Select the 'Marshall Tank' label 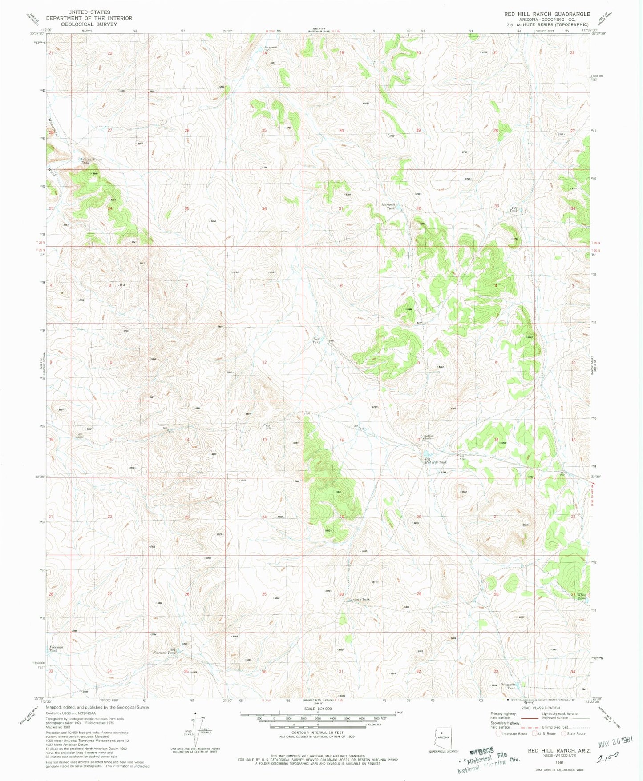(x=388, y=206)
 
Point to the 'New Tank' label (x=316, y=340)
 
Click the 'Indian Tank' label (x=360, y=599)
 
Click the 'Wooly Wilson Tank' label (x=91, y=161)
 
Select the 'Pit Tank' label (x=514, y=209)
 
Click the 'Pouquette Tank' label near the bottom (x=508, y=686)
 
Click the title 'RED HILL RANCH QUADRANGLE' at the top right (x=547, y=14)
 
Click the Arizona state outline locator (x=443, y=736)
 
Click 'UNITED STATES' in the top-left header (x=89, y=12)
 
